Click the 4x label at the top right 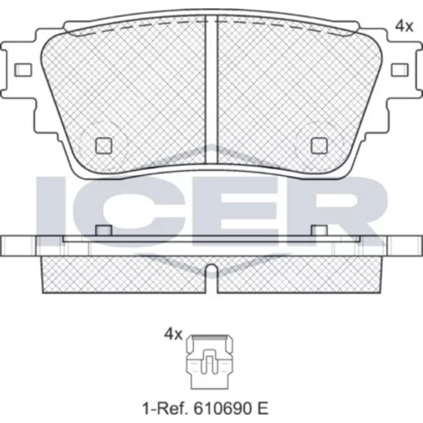(x=404, y=26)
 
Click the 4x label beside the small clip (x=173, y=335)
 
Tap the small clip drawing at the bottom (x=210, y=361)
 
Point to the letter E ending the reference (x=263, y=408)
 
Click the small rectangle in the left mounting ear (x=23, y=69)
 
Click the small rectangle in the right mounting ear (x=400, y=69)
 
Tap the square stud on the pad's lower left (x=104, y=146)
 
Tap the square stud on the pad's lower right (x=319, y=146)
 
